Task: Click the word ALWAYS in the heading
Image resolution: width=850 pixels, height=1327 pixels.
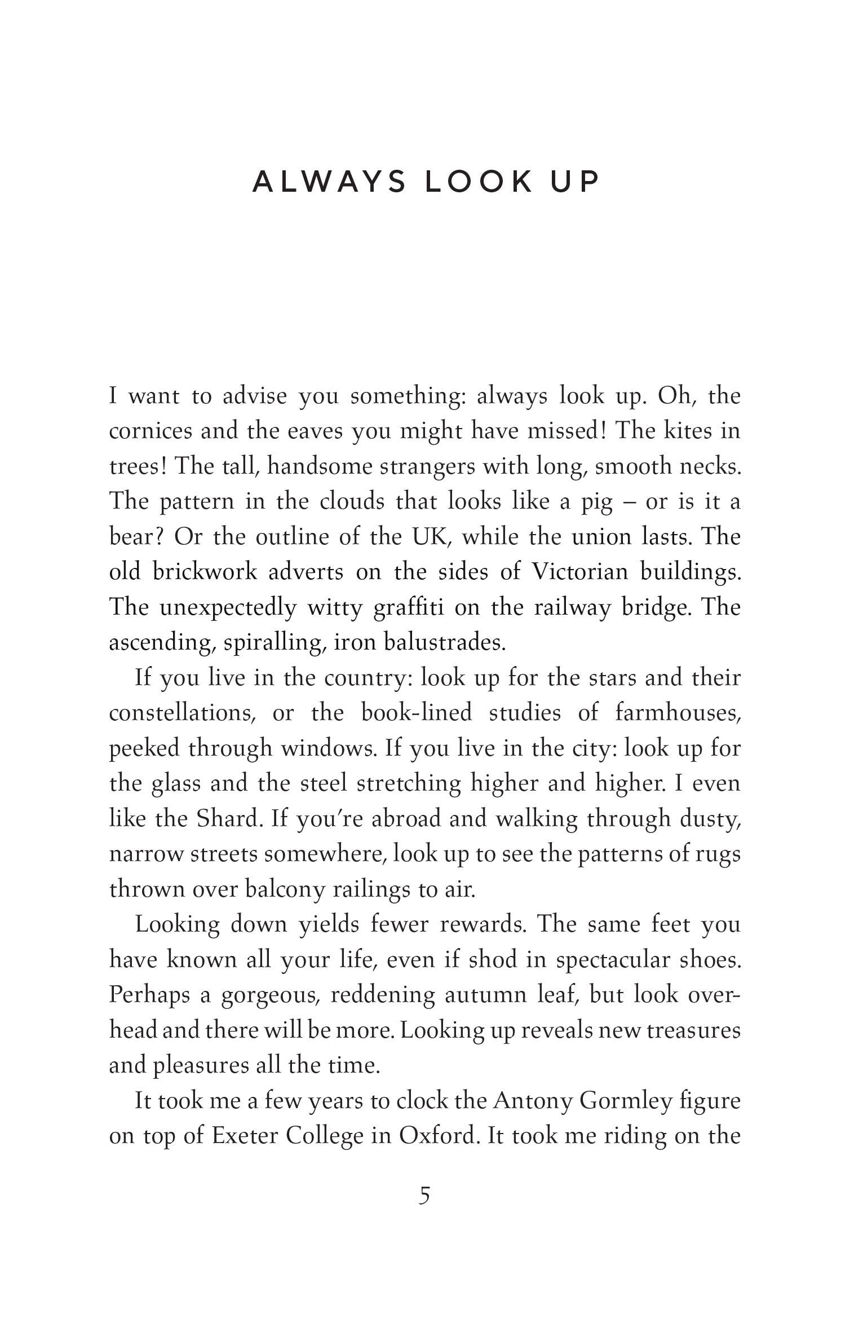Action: click(x=329, y=182)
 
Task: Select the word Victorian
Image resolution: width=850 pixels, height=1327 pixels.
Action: click(x=579, y=572)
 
